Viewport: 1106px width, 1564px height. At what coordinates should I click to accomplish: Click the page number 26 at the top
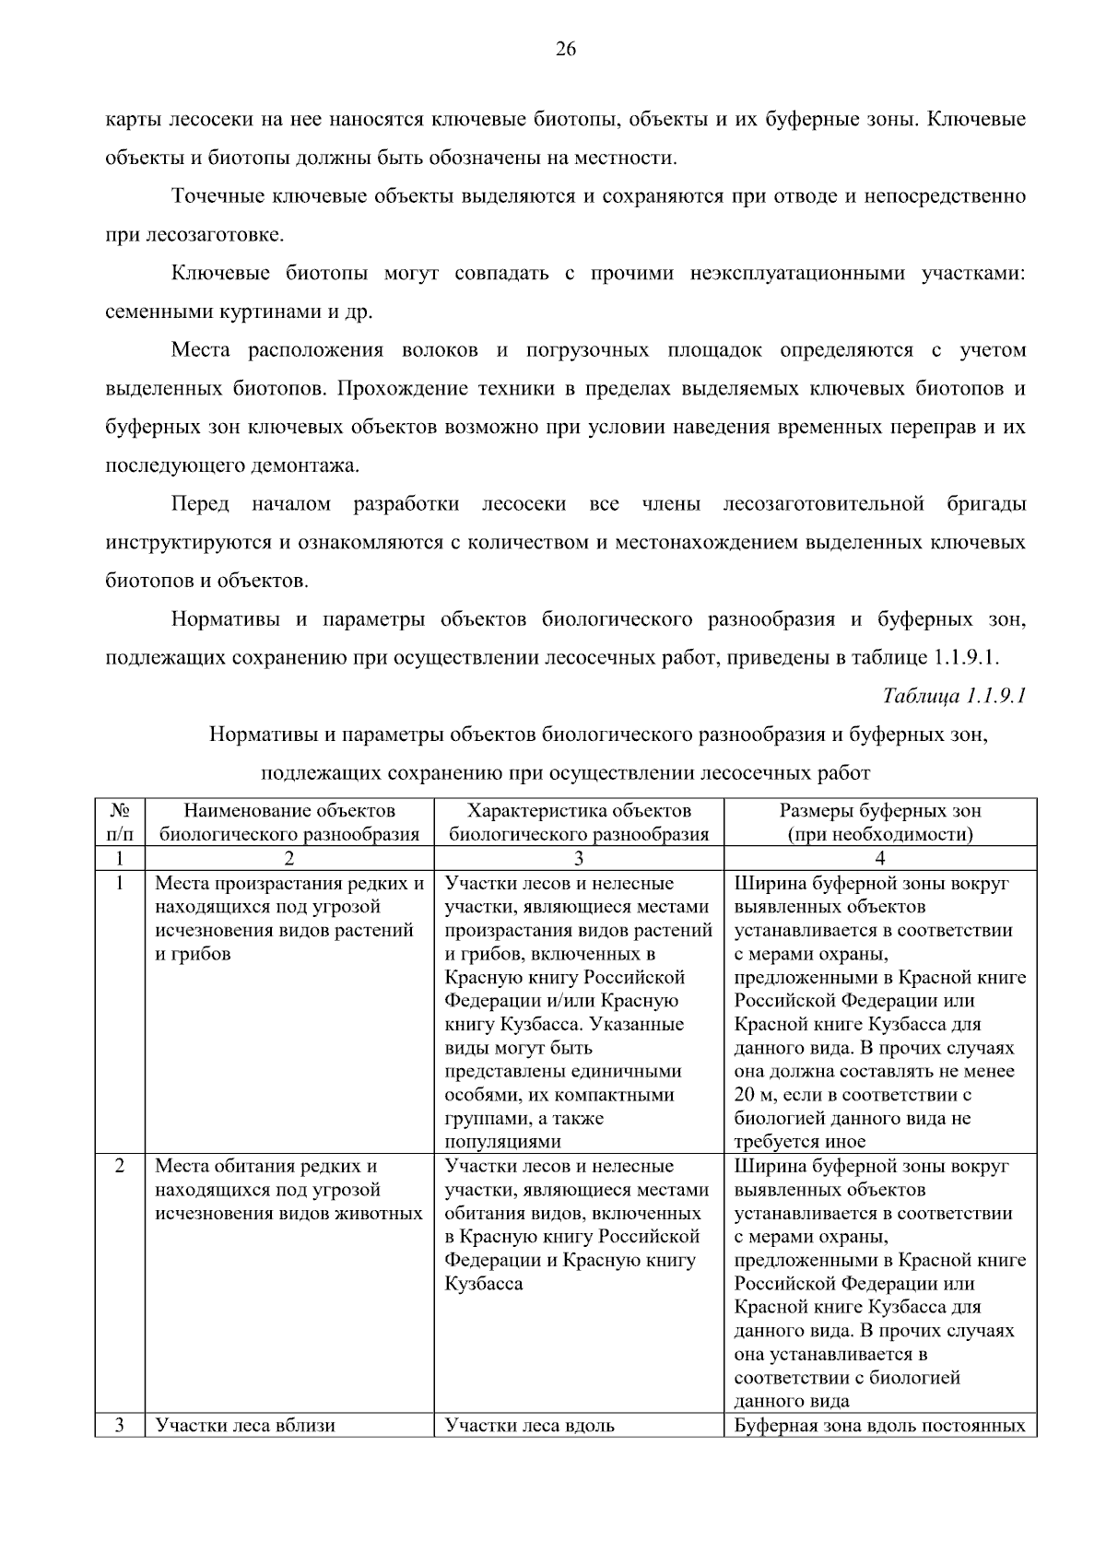565,50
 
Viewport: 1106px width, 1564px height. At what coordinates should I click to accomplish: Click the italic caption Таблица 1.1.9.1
954,696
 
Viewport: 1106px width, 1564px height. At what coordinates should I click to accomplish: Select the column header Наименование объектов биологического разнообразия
289,822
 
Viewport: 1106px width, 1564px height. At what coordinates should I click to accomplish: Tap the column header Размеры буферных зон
880,822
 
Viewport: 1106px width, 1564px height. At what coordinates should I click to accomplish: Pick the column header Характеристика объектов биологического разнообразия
579,822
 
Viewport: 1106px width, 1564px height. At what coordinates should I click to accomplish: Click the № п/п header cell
120,822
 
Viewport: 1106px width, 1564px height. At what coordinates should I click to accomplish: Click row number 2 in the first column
120,1166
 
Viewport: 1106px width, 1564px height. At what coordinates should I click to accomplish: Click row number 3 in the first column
120,1425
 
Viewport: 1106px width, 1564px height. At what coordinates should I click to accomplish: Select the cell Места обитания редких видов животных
288,1190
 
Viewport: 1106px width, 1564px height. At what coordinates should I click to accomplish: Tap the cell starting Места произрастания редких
288,919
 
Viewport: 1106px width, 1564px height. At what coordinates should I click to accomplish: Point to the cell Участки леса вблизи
245,1426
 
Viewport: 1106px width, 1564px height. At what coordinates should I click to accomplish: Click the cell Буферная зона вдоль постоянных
879,1426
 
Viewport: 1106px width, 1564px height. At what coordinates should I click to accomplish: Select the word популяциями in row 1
502,1142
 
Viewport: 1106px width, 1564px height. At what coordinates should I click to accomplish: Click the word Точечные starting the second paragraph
218,196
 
